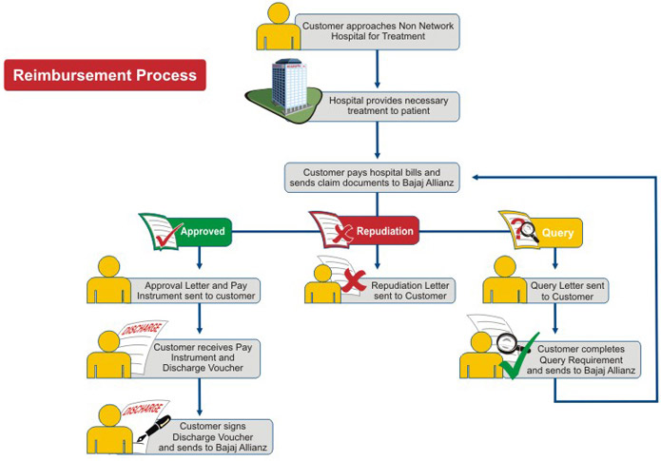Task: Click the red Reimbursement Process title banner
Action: (x=105, y=75)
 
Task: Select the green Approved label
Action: (x=203, y=231)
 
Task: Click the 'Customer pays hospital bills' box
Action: (x=378, y=178)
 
